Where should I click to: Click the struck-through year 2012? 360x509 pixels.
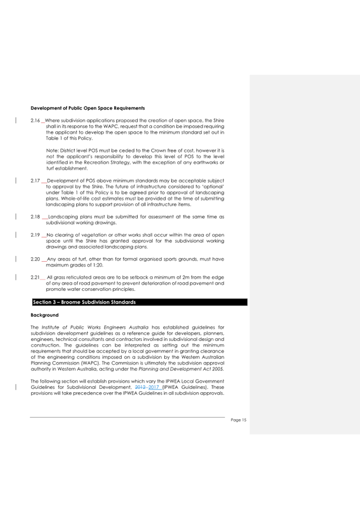point(140,386)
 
